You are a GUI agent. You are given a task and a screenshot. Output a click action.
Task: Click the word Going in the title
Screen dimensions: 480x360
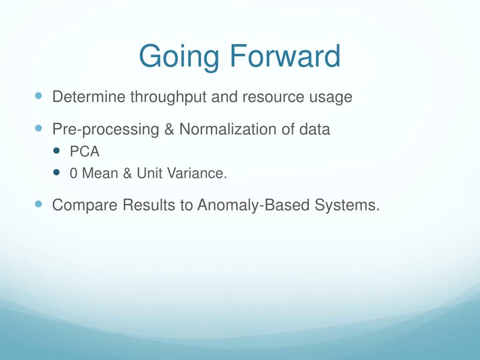tap(179, 57)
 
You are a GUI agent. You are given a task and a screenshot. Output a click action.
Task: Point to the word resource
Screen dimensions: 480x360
tap(273, 97)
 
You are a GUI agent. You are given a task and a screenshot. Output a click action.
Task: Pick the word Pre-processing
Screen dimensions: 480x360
tap(105, 129)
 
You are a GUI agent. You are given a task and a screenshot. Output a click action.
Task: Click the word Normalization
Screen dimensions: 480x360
tap(228, 129)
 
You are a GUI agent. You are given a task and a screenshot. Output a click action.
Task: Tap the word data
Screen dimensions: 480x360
tap(315, 129)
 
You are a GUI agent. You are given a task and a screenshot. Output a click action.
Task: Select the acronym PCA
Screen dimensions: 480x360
tap(84, 151)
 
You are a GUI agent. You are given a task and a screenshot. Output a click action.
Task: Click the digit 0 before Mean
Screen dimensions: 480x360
tap(74, 173)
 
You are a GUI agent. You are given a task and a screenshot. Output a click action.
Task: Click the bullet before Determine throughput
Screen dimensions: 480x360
tap(38, 96)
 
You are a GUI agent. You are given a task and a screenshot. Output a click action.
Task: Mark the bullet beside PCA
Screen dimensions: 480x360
tap(56, 150)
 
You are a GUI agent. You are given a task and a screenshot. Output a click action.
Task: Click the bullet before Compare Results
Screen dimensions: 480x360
tap(38, 204)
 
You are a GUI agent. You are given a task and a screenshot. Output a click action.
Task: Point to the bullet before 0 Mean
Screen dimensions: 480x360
tap(56, 172)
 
